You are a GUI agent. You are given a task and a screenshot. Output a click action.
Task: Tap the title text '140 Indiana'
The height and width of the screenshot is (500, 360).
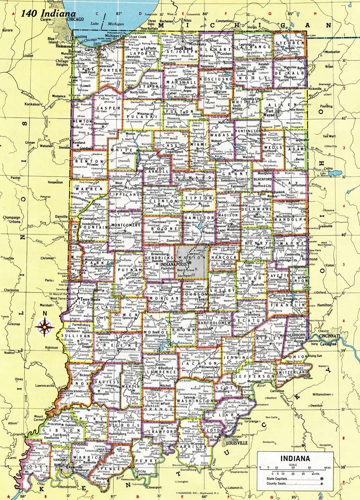(x=48, y=14)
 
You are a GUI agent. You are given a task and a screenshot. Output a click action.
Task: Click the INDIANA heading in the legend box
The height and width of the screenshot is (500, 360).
(x=295, y=458)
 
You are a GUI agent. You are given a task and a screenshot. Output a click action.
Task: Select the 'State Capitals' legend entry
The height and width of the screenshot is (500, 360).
(x=276, y=479)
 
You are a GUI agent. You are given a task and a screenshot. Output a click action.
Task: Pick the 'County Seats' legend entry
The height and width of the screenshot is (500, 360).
(x=276, y=483)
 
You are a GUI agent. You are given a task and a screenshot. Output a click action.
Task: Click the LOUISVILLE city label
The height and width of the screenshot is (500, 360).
(x=237, y=443)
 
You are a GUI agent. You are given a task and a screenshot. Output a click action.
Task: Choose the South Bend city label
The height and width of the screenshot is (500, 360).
(x=183, y=48)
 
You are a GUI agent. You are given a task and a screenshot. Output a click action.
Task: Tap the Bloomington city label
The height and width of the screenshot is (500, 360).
(x=155, y=336)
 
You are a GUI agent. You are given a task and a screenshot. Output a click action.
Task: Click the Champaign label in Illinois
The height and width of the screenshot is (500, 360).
(x=12, y=218)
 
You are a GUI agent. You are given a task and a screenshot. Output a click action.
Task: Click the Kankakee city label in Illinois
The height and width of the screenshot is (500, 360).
(x=32, y=104)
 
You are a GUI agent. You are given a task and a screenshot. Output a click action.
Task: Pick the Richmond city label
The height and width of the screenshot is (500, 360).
(x=309, y=259)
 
